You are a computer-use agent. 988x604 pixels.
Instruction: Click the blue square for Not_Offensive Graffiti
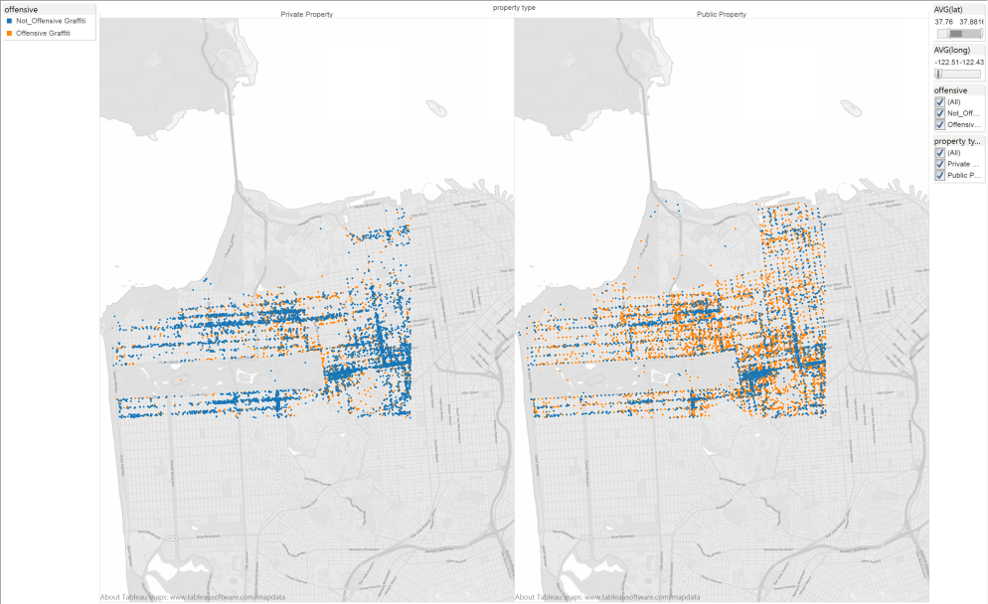(9, 21)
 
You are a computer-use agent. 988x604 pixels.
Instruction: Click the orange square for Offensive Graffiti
(9, 33)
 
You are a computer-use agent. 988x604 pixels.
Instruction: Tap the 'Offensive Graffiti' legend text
(44, 33)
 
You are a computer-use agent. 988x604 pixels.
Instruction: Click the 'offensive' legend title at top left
(22, 9)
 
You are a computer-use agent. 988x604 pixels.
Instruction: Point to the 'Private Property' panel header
(306, 15)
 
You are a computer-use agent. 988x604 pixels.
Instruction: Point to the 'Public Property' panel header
(722, 15)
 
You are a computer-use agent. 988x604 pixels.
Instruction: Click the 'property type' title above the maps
(513, 7)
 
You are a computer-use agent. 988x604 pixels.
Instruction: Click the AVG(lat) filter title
(948, 9)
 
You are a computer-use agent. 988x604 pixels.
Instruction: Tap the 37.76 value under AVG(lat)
(942, 21)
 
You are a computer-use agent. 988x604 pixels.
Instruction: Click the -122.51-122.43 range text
(958, 62)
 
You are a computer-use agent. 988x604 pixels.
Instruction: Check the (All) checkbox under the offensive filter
(939, 101)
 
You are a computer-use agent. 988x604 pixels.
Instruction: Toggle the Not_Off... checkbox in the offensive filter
(939, 113)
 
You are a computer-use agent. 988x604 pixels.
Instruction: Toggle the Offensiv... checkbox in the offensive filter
(939, 125)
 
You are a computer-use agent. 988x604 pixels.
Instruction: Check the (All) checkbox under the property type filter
(939, 152)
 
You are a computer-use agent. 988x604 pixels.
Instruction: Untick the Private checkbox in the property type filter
(939, 164)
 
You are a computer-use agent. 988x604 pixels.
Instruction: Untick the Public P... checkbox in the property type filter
(939, 176)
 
